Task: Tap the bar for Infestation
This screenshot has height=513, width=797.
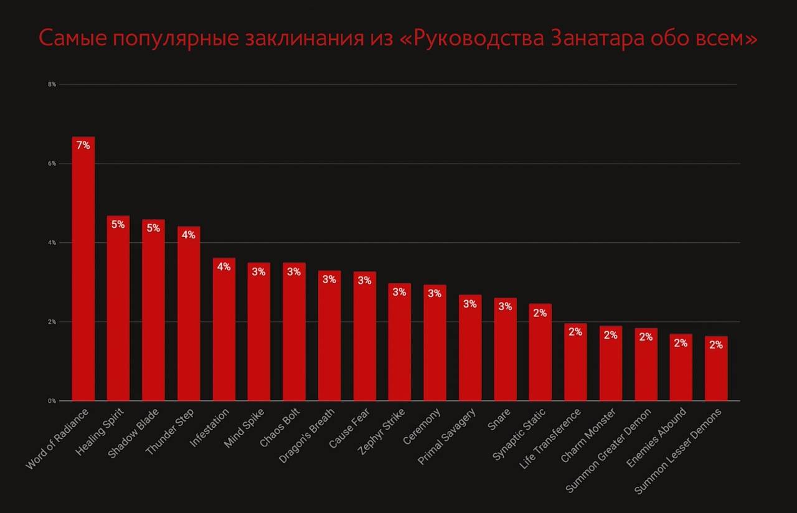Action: click(x=224, y=329)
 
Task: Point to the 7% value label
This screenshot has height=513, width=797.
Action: click(x=83, y=146)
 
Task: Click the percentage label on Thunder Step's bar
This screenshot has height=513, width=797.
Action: click(x=188, y=235)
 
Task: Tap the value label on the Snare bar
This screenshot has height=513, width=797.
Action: click(x=505, y=307)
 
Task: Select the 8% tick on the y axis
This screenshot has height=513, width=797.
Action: click(x=52, y=84)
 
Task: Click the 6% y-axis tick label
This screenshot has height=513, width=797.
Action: click(x=52, y=164)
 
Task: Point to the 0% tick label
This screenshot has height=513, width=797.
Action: click(x=52, y=401)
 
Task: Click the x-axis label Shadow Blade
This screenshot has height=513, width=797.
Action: click(x=134, y=433)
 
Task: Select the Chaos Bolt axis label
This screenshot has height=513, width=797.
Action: click(x=281, y=428)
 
